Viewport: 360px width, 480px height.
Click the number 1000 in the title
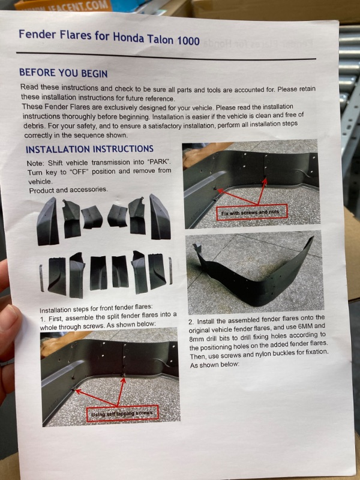[188, 40]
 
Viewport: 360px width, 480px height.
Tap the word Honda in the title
[128, 37]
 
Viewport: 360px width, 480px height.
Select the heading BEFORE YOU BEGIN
[64, 73]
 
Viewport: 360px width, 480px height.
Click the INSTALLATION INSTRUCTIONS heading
[89, 149]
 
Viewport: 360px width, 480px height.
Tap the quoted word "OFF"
[79, 172]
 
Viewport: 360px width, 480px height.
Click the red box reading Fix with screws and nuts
[251, 212]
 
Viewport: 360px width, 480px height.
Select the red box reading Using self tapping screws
[122, 413]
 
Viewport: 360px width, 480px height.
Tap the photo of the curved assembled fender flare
[254, 272]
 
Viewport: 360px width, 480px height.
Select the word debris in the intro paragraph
[34, 126]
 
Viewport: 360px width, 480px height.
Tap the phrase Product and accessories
[68, 190]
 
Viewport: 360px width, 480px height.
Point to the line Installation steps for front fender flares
[96, 308]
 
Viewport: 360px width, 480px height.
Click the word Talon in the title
[160, 39]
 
